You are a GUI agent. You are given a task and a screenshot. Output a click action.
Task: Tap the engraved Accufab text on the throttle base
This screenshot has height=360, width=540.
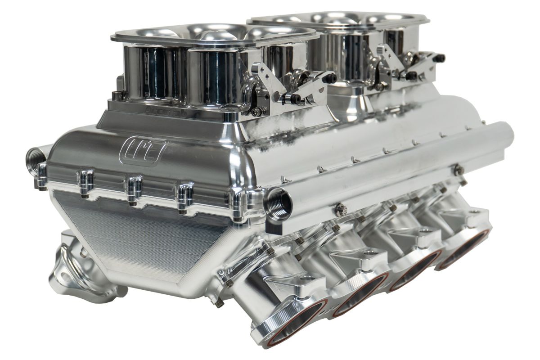[160, 109]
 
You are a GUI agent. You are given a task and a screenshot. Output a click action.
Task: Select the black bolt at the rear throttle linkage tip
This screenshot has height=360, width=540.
[441, 58]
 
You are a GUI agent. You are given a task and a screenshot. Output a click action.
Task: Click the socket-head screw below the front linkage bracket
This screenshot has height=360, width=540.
[257, 111]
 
